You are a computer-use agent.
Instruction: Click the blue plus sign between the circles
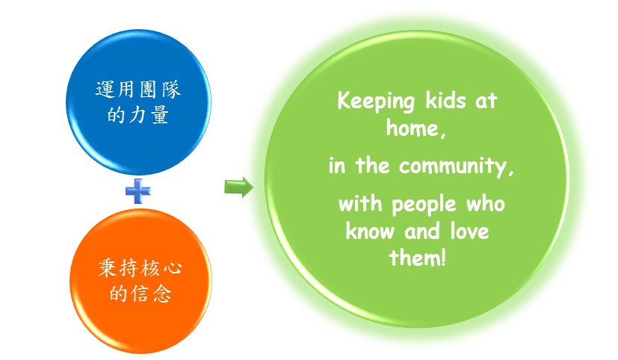click(x=138, y=191)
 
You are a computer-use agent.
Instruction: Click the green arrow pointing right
click(x=238, y=187)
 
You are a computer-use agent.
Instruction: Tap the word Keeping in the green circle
click(x=376, y=102)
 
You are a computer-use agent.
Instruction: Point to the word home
click(x=415, y=128)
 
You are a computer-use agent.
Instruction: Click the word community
click(x=457, y=167)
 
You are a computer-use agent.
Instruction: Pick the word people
click(x=424, y=205)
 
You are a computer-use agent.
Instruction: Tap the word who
click(x=486, y=204)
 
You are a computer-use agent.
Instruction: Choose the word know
click(x=370, y=231)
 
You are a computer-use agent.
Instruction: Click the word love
click(x=470, y=231)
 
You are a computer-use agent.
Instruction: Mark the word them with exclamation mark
click(x=418, y=258)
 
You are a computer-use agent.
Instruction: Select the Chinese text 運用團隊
click(x=138, y=90)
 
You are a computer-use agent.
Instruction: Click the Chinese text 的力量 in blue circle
click(x=138, y=115)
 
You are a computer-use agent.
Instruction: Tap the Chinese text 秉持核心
click(x=140, y=268)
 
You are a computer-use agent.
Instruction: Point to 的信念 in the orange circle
click(x=140, y=294)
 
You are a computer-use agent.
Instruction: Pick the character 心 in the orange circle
click(x=172, y=269)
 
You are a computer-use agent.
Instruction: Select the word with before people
click(x=360, y=204)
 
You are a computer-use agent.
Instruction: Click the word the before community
click(x=372, y=165)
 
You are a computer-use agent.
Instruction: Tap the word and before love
click(x=422, y=231)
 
